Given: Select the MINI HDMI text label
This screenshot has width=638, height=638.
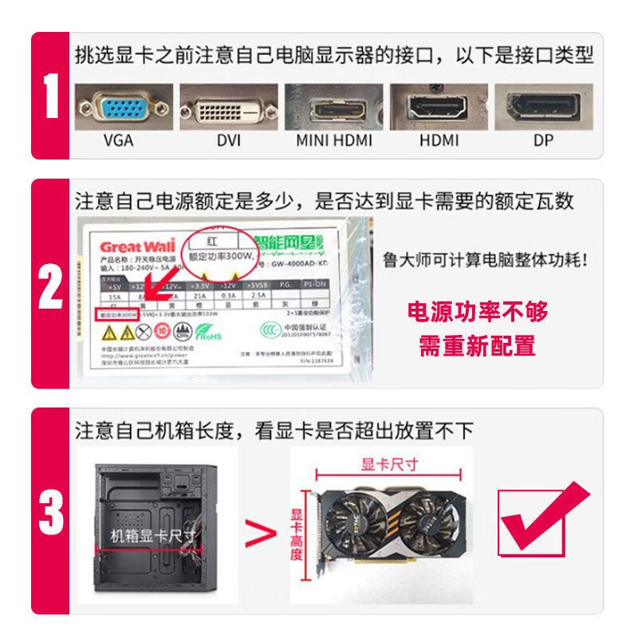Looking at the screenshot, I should [x=334, y=141].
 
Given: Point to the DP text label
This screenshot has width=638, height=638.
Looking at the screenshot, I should [x=543, y=141].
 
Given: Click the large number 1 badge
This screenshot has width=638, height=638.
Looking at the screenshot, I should [x=51, y=96].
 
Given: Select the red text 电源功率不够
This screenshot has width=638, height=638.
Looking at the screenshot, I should [x=478, y=312].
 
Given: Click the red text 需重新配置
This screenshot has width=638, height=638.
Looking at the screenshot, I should [x=478, y=346].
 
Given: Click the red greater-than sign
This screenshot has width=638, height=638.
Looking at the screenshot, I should [x=254, y=530].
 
